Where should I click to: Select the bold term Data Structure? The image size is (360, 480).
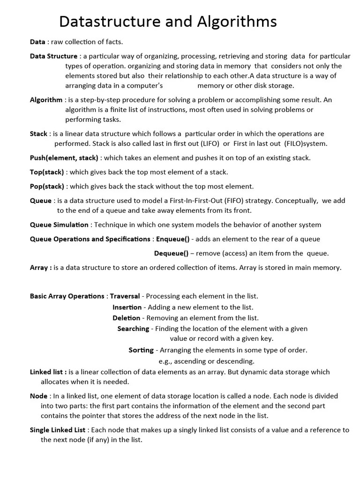[x=53, y=56]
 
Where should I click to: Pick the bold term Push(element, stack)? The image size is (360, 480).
[x=64, y=158]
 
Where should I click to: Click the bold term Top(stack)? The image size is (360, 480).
[x=47, y=172]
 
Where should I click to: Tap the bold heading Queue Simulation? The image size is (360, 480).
[x=59, y=225]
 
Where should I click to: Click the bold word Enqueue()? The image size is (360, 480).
[x=172, y=239]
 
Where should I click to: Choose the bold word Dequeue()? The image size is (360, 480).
[x=171, y=254]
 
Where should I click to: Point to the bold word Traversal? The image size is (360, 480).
[x=125, y=296]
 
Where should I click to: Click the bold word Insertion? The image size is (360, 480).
[x=127, y=307]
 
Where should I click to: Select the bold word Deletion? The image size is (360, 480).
[x=126, y=318]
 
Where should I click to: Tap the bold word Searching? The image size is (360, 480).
[x=133, y=329]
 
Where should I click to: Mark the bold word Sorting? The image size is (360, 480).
[x=141, y=350]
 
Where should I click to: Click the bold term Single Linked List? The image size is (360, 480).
[x=58, y=430]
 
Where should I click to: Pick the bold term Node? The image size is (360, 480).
[x=38, y=396]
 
